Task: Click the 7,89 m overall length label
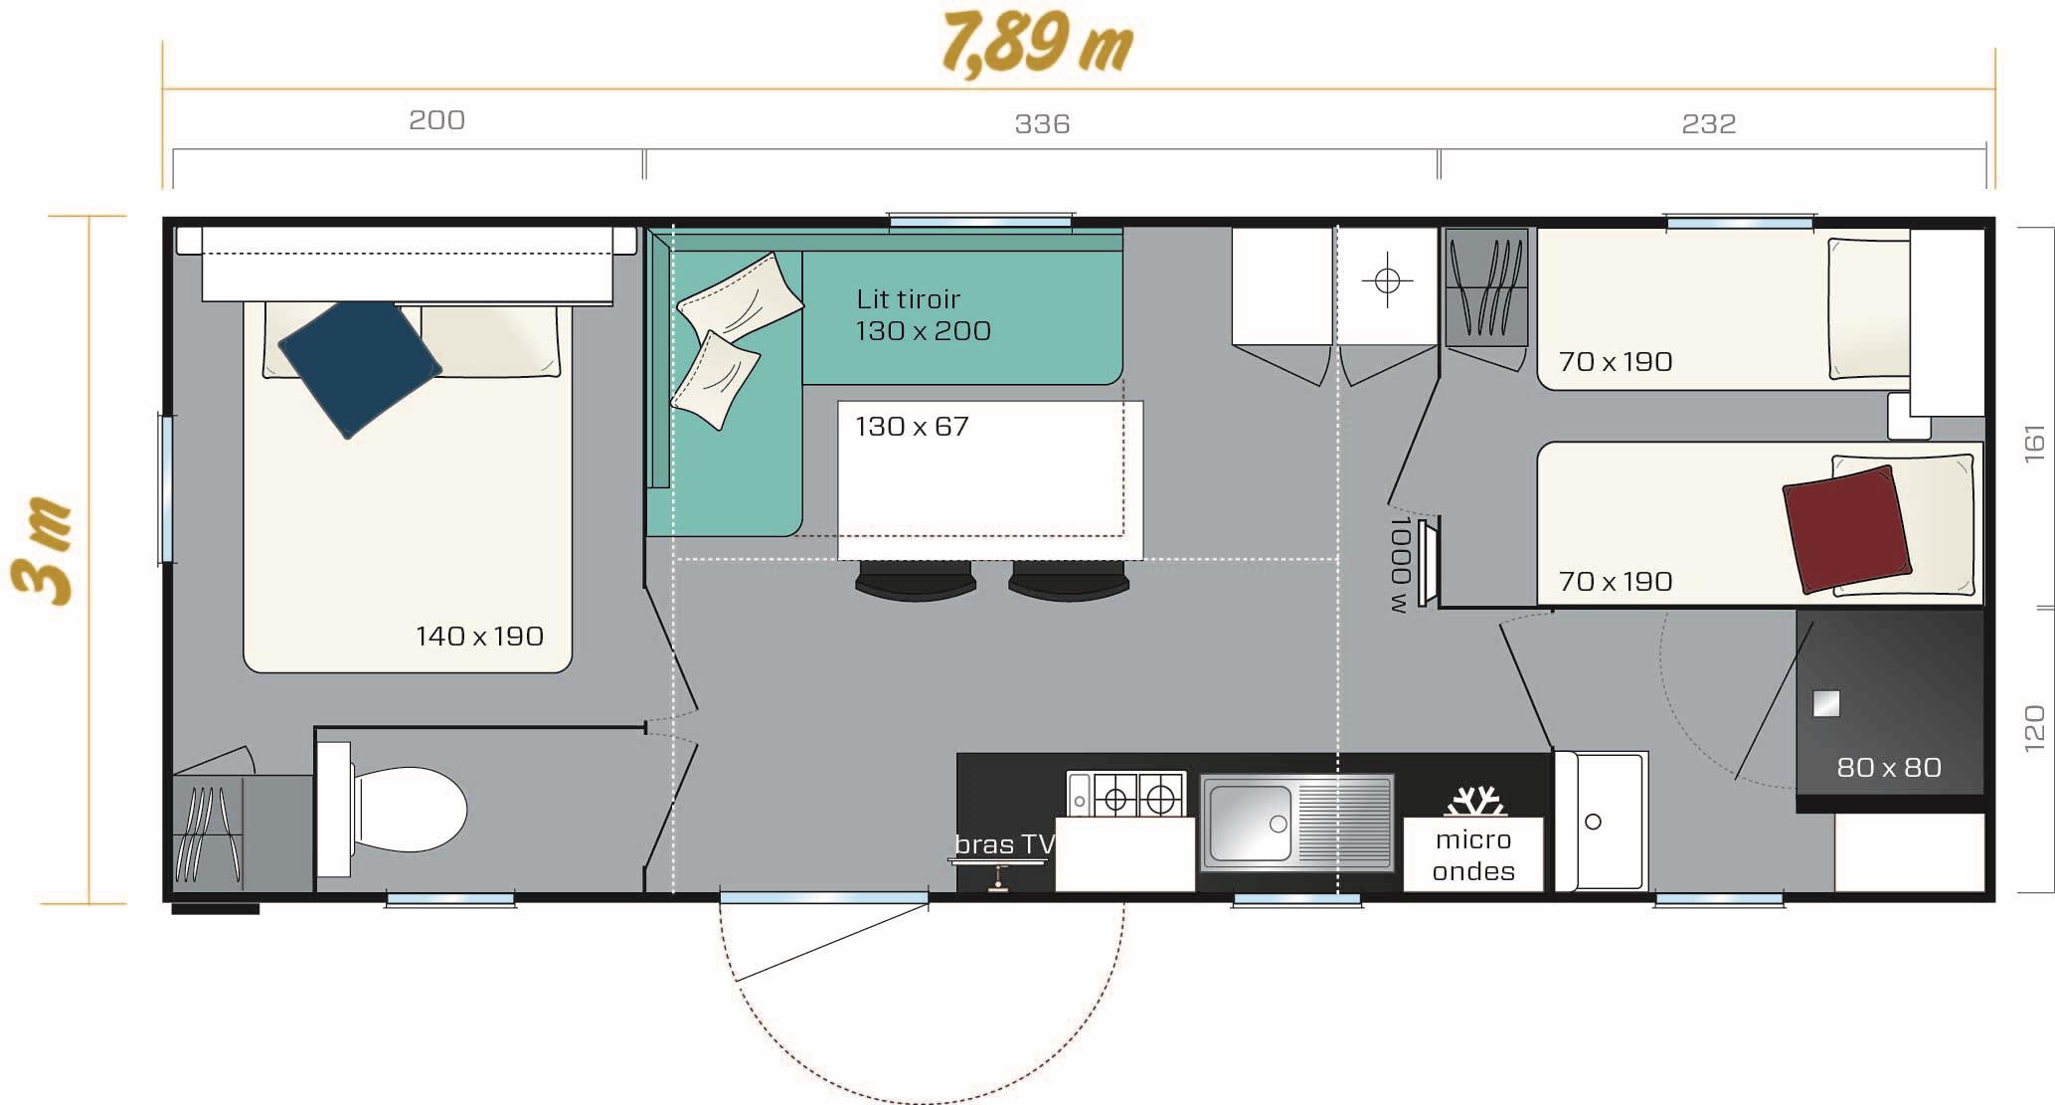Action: point(1037,44)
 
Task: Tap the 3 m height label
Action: point(43,551)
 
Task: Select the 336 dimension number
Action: point(1042,124)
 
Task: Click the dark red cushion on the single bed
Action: point(1846,529)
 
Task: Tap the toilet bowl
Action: point(410,809)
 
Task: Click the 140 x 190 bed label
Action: point(479,637)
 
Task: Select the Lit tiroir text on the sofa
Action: point(908,299)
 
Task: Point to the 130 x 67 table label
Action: point(912,427)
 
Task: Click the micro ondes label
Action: point(1473,855)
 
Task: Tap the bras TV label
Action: point(1004,844)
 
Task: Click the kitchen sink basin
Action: point(1250,823)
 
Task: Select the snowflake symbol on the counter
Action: point(1475,800)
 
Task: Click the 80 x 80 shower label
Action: point(1889,768)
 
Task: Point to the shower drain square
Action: point(1826,704)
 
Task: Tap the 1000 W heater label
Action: point(1400,563)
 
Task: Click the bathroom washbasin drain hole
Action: point(1593,822)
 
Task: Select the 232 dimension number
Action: point(1709,124)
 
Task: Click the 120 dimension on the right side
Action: point(2034,728)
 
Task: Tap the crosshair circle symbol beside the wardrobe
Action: point(1387,280)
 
